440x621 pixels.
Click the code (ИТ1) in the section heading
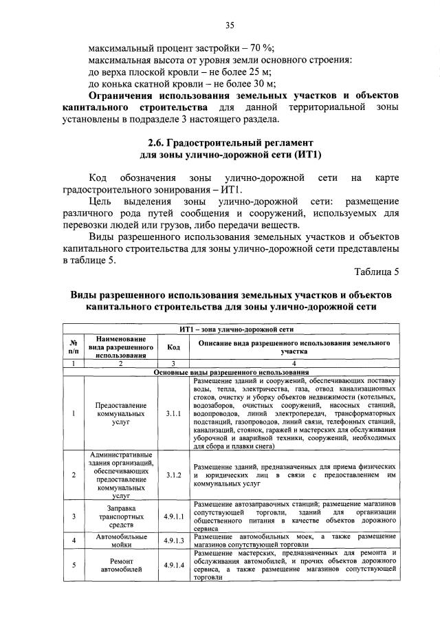307,155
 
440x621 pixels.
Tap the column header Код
174,347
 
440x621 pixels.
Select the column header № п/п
74,347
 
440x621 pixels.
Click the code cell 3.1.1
174,415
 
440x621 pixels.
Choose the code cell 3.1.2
174,475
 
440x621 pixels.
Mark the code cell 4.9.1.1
174,516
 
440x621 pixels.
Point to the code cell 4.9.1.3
174,541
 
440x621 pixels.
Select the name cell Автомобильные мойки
120,541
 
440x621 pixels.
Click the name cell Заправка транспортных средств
120,516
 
